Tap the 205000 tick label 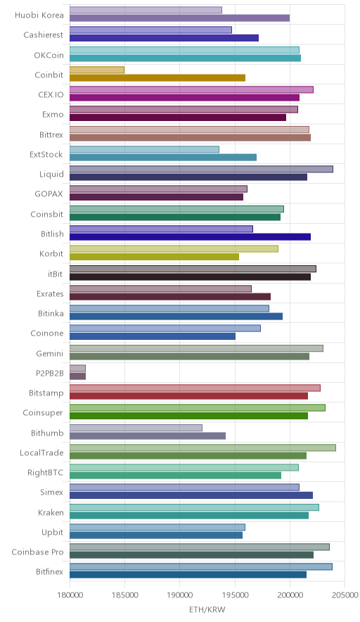tap(345, 595)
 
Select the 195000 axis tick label tap(235, 595)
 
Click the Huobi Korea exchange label tap(39, 15)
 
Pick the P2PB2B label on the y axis tap(49, 374)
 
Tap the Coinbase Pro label tap(37, 552)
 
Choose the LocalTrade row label tap(41, 452)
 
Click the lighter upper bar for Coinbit tap(97, 70)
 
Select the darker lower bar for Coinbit tap(157, 77)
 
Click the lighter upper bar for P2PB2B tap(78, 368)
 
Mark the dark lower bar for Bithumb tap(148, 436)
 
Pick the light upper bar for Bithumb tap(136, 428)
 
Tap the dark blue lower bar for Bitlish tap(191, 237)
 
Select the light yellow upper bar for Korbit tap(174, 248)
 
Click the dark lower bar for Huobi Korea tap(179, 18)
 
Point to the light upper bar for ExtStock tap(144, 149)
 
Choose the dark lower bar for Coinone tap(153, 336)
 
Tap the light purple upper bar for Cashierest tap(150, 30)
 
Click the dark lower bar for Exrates tap(170, 296)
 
